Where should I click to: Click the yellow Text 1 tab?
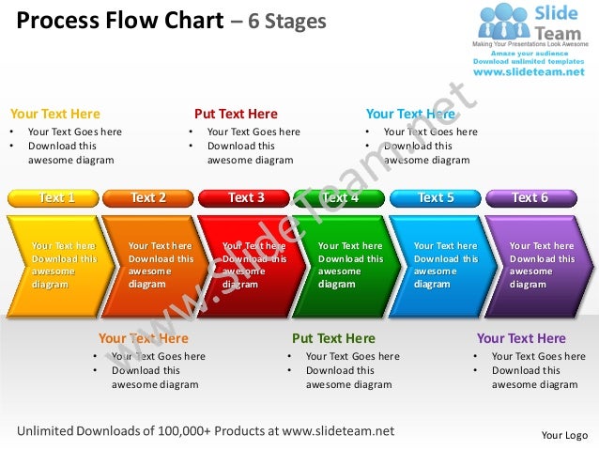[54, 197]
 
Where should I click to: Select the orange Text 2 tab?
[148, 197]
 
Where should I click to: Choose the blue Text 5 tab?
[435, 197]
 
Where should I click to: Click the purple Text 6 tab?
[530, 197]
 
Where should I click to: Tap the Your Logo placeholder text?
[564, 435]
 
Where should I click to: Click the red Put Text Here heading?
[236, 114]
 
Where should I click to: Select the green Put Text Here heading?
[333, 338]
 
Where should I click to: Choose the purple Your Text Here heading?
[521, 338]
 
